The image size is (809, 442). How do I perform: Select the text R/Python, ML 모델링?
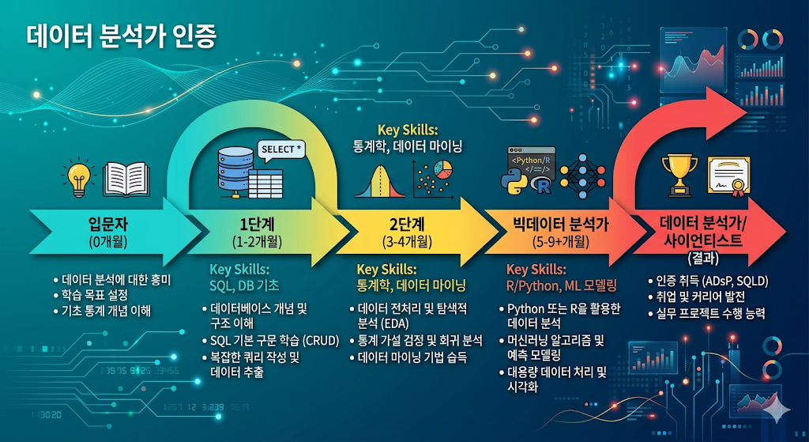[x=561, y=284]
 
